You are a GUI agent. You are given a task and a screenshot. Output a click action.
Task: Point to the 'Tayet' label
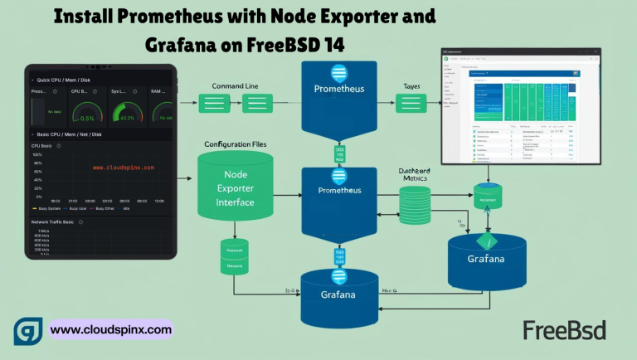(x=411, y=85)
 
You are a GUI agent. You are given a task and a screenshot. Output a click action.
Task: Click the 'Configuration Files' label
(x=241, y=144)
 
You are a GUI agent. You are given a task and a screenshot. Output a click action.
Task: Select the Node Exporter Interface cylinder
(x=236, y=187)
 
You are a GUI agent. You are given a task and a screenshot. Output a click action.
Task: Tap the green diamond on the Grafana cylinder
(x=486, y=241)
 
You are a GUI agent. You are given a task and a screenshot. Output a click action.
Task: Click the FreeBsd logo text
(x=564, y=329)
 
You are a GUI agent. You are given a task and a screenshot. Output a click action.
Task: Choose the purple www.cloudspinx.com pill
(x=111, y=329)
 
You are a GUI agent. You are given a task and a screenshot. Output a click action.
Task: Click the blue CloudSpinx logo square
(x=29, y=329)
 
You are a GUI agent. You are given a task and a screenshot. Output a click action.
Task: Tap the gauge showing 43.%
(x=127, y=114)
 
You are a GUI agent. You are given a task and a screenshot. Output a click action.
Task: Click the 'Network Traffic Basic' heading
(x=52, y=222)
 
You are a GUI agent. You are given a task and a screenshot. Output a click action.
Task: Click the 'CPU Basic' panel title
(x=41, y=145)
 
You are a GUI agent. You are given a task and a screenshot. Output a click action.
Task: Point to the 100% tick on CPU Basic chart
(x=36, y=154)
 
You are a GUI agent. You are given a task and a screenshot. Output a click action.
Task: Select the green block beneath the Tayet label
(x=411, y=104)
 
